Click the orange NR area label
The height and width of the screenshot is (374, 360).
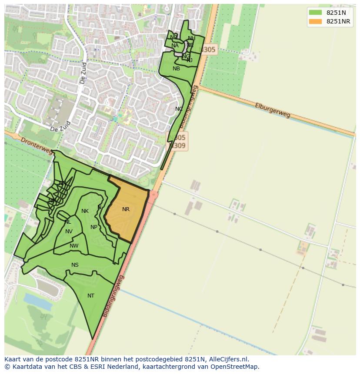click(126, 209)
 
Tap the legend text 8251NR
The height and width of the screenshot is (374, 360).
click(338, 21)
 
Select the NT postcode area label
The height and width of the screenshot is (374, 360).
click(91, 296)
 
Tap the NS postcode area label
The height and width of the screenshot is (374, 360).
click(75, 265)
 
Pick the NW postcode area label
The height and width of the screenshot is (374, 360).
click(74, 246)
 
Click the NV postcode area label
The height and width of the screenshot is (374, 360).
click(69, 232)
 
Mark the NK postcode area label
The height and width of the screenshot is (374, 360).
click(85, 211)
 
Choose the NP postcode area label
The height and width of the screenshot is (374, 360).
click(94, 227)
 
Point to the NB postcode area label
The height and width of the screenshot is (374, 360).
click(176, 69)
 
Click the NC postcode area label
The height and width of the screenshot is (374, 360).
click(179, 109)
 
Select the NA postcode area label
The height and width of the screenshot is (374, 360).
click(175, 46)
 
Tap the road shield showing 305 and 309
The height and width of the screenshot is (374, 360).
click(178, 142)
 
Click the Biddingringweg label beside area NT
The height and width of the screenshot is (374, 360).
click(114, 295)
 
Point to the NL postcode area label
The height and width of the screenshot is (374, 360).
click(68, 222)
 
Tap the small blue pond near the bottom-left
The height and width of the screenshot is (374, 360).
click(37, 299)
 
